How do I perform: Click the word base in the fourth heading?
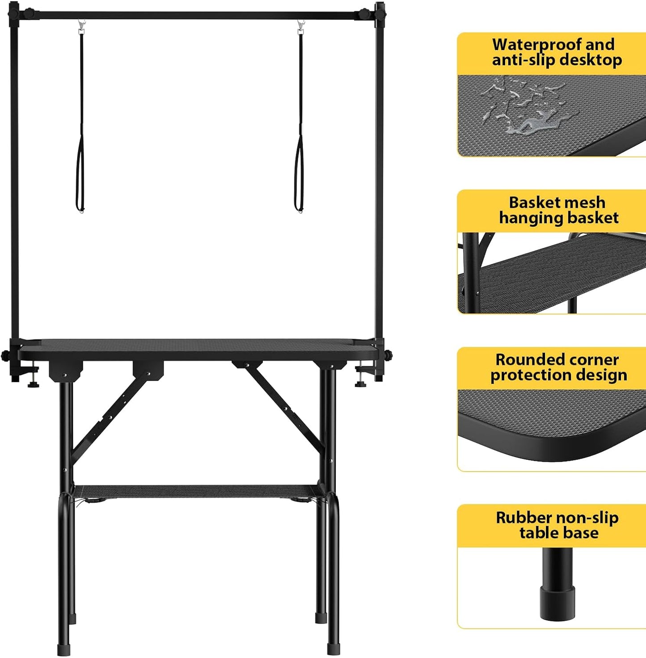(582, 533)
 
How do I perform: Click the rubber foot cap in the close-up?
(557, 601)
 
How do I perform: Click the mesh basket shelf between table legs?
(197, 490)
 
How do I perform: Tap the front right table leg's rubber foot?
(333, 649)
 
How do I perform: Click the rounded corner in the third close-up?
(474, 429)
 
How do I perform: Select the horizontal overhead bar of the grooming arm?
(197, 16)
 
